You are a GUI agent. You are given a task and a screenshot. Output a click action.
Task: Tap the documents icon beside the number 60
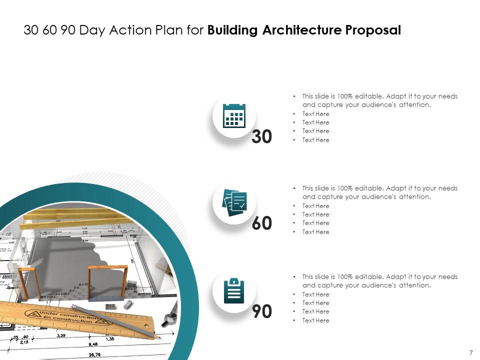pyautogui.click(x=234, y=202)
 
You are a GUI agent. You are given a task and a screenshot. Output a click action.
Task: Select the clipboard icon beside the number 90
pyautogui.click(x=234, y=290)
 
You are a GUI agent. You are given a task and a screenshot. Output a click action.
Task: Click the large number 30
pyautogui.click(x=262, y=136)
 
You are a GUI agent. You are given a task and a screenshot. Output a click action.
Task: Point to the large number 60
pyautogui.click(x=262, y=223)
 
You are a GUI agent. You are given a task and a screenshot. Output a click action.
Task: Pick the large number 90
pyautogui.click(x=262, y=311)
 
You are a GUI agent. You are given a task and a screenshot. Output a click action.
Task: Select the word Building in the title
pyautogui.click(x=231, y=30)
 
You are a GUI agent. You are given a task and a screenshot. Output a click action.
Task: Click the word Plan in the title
pyautogui.click(x=173, y=30)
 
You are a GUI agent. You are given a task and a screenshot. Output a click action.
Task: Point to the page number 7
pyautogui.click(x=471, y=352)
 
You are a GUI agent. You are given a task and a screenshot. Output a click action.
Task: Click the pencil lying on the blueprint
pyautogui.click(x=115, y=321)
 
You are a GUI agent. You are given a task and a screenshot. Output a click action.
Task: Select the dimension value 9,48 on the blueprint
pyautogui.click(x=93, y=344)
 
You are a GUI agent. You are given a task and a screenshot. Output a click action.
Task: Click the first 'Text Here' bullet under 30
pyautogui.click(x=315, y=114)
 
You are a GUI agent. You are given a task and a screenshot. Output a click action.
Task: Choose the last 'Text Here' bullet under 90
pyautogui.click(x=315, y=320)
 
